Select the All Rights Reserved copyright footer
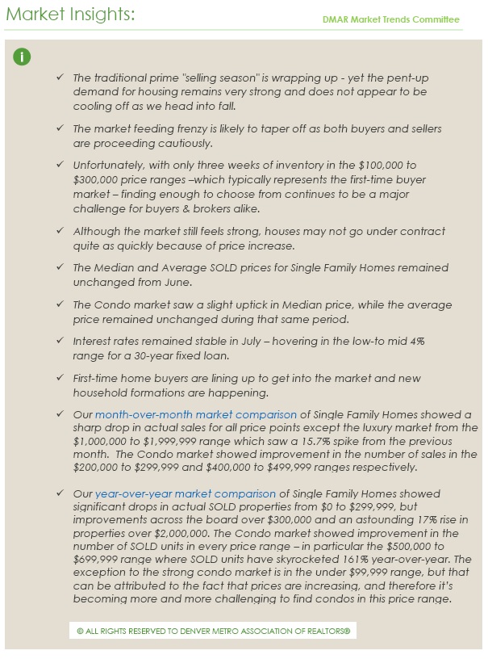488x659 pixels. click(x=212, y=630)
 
